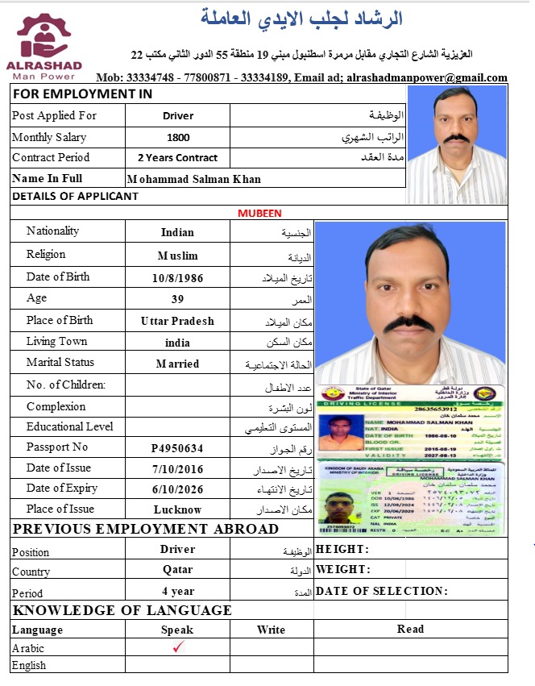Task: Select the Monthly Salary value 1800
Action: tap(178, 138)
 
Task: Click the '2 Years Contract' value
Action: tap(178, 158)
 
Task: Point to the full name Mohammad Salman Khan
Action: tap(194, 179)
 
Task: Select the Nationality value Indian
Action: tap(177, 232)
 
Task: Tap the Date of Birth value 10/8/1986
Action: tap(177, 278)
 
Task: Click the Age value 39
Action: tap(177, 299)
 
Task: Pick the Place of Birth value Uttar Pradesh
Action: tap(177, 321)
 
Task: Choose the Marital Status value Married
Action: tap(177, 364)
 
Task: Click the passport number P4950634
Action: tap(177, 448)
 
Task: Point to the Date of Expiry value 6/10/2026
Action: tap(177, 489)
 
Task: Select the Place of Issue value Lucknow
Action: tap(177, 509)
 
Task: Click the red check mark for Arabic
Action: tap(178, 647)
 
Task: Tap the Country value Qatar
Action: tap(177, 569)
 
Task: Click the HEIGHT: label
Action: tap(342, 550)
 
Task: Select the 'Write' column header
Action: tap(272, 630)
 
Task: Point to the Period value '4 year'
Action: tap(177, 590)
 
